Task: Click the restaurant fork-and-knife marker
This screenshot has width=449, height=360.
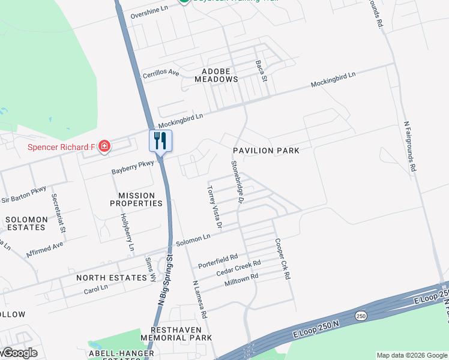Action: (x=160, y=141)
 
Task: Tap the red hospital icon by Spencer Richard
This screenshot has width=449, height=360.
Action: (x=104, y=146)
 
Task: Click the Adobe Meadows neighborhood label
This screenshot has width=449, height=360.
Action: (x=215, y=75)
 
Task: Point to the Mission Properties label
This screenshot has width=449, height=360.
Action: (x=136, y=199)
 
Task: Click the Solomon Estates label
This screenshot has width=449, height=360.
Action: (x=25, y=223)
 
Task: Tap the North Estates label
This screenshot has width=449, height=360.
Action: (x=112, y=278)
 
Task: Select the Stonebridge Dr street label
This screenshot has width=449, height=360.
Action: (x=236, y=181)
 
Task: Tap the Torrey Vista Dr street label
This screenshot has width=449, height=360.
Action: (x=214, y=207)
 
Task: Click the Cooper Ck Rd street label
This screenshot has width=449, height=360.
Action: (x=283, y=259)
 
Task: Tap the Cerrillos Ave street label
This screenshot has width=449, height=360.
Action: (x=160, y=74)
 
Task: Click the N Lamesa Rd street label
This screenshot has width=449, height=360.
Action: (x=199, y=299)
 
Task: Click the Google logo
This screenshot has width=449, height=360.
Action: (x=20, y=353)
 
